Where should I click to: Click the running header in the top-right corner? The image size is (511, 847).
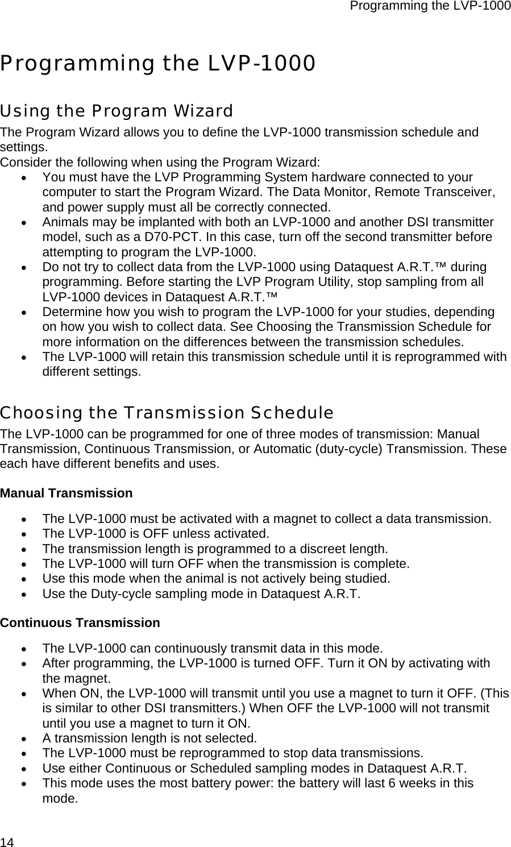click(430, 6)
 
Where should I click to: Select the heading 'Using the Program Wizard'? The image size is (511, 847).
click(117, 110)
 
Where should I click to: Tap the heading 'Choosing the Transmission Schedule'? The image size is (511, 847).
click(167, 412)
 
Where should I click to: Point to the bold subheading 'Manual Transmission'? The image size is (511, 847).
click(67, 493)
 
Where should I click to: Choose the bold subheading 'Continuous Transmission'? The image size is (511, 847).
click(80, 622)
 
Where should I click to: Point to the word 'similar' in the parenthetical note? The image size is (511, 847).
click(75, 708)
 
